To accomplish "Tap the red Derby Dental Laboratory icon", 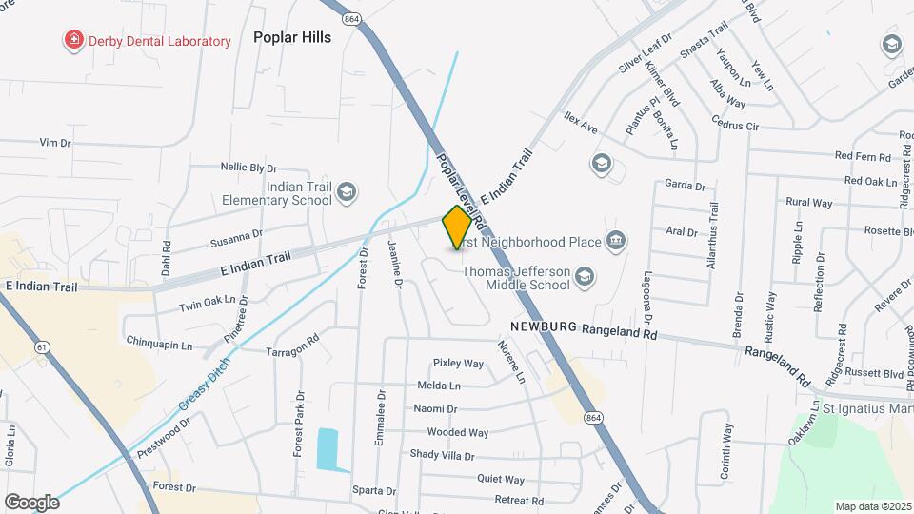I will tap(72, 40).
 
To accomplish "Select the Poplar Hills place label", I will tap(292, 37).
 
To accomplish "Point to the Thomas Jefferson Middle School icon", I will tap(585, 278).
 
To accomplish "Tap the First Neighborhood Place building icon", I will tap(616, 240).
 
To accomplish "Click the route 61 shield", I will tap(42, 347).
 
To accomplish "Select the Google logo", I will tap(31, 502).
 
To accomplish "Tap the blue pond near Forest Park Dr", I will tap(328, 449).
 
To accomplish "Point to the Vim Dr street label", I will tap(55, 142).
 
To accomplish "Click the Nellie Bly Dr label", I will tap(248, 167).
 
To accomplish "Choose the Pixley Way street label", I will tap(459, 363).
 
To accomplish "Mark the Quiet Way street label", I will tap(501, 480).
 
